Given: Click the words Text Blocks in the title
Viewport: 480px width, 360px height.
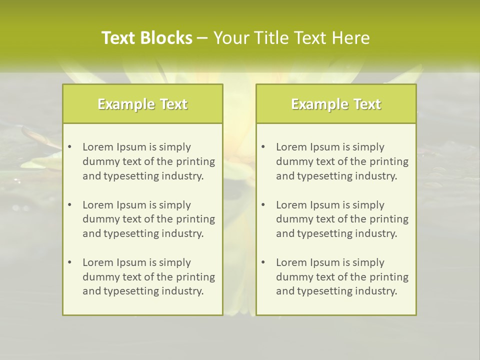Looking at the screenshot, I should click(x=146, y=38).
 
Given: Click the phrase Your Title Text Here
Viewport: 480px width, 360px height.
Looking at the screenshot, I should click(x=291, y=38).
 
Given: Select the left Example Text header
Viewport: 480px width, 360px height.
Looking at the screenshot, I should click(x=142, y=104).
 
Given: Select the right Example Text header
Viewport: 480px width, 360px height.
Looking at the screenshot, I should click(x=336, y=104).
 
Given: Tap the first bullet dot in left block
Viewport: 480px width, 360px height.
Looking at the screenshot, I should click(x=69, y=147).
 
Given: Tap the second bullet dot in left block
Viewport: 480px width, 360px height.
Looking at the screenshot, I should click(x=69, y=205).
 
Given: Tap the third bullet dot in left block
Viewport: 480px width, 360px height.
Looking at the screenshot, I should click(x=69, y=262).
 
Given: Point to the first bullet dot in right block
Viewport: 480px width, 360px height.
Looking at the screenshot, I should click(x=263, y=147).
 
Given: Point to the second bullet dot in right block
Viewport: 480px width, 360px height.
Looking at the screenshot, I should click(x=263, y=205).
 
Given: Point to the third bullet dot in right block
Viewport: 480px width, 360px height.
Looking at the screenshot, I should click(x=263, y=262).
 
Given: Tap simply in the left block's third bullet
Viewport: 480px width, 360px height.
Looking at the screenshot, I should click(x=175, y=262).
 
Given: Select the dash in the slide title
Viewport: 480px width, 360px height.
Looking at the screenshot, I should click(x=202, y=38).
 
